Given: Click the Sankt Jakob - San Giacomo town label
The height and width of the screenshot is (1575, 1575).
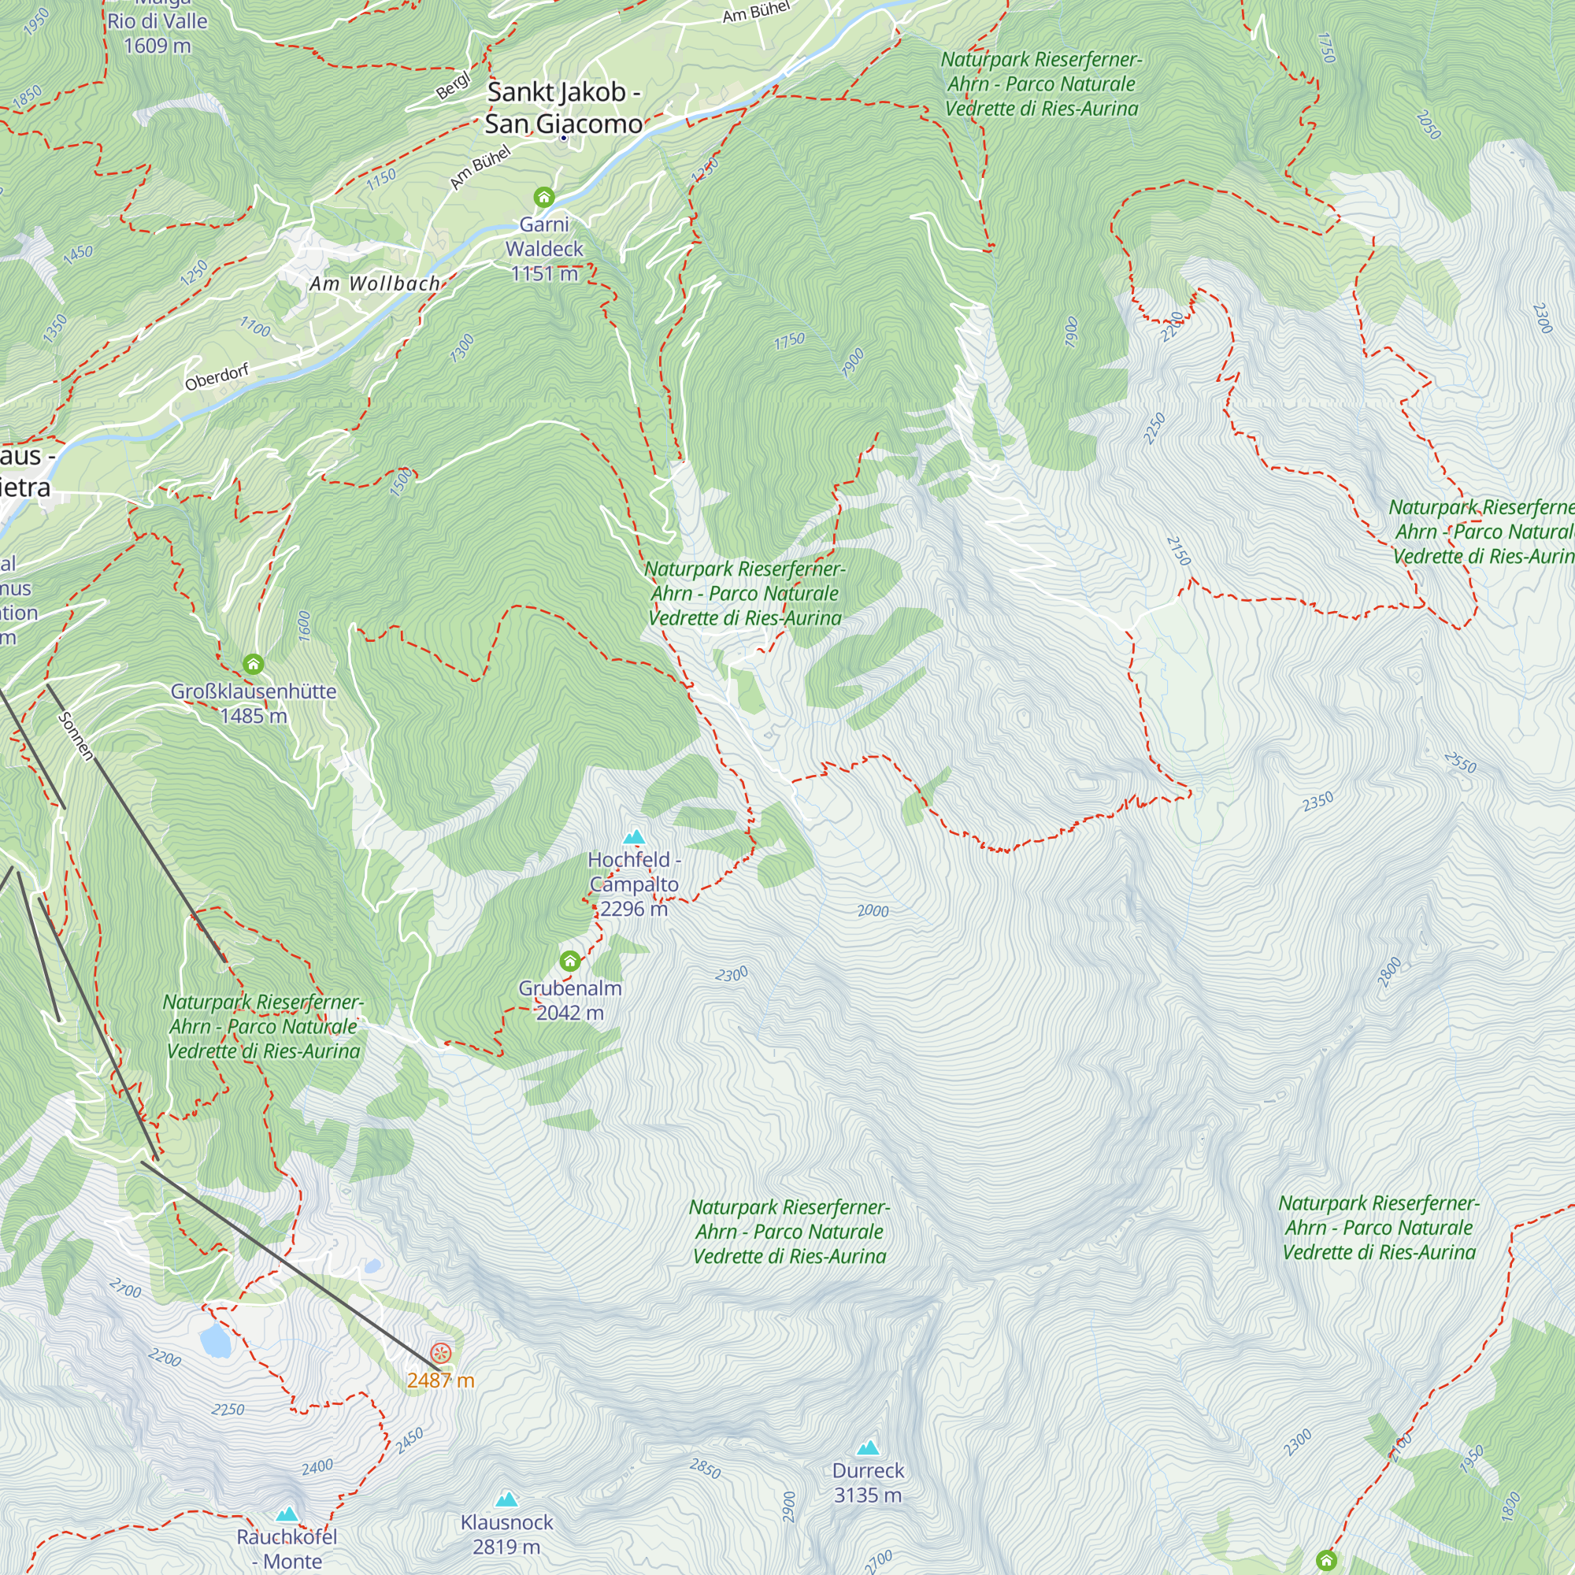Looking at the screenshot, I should [x=563, y=108].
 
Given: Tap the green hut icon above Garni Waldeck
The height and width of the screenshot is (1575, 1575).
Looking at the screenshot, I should [x=543, y=198].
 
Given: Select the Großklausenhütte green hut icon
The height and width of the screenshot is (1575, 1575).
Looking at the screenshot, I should [x=254, y=665].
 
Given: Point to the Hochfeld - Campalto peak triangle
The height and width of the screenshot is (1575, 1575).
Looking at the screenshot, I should [x=634, y=836].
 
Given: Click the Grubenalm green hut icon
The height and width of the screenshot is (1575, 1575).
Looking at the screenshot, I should [x=570, y=961].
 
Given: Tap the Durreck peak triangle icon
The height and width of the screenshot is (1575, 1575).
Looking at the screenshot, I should [x=868, y=1448].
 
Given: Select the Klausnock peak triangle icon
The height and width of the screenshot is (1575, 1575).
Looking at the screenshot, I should [x=507, y=1499].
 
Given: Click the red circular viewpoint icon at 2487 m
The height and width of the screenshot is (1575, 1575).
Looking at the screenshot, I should [x=441, y=1354].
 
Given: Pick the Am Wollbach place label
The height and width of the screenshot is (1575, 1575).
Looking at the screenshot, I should [x=374, y=283].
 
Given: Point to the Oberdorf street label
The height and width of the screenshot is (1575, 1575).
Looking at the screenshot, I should [x=217, y=377].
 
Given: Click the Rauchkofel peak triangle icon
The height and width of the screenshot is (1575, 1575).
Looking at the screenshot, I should [x=287, y=1514].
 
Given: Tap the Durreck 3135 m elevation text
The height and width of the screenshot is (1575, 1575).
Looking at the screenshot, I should [x=868, y=1495].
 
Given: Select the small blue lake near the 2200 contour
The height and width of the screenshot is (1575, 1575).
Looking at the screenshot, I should [x=216, y=1340].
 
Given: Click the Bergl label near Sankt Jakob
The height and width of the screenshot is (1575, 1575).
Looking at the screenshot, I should [x=454, y=86].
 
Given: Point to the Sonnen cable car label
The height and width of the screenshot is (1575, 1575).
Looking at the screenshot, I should [x=76, y=736].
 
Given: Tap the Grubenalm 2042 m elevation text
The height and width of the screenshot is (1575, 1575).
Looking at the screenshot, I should [x=570, y=1013].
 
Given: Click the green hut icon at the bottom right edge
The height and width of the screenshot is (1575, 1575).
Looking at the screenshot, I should [x=1326, y=1560].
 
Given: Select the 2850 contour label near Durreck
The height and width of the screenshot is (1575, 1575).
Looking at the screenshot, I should [x=705, y=1468].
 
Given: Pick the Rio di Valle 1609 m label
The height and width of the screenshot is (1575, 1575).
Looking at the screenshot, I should [x=157, y=33].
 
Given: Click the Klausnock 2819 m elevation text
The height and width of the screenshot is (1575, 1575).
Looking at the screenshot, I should [x=507, y=1547].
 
